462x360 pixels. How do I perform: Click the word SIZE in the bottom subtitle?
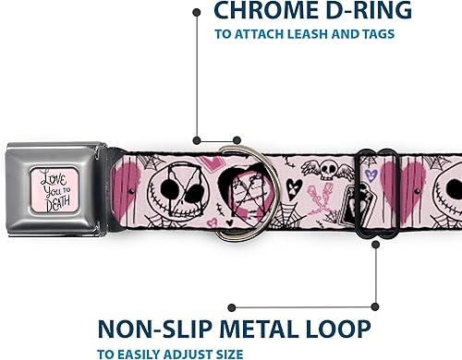click(x=231, y=353)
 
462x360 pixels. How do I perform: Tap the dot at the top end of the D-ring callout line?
click(x=197, y=12)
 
